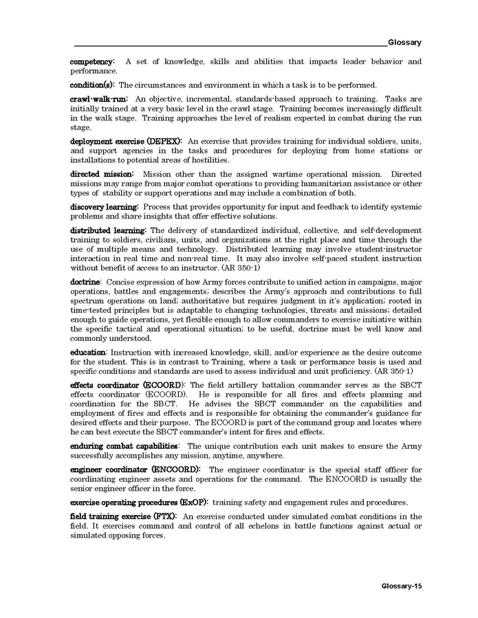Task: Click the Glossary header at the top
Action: (x=404, y=42)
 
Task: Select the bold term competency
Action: (x=92, y=62)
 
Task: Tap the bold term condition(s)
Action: (x=93, y=85)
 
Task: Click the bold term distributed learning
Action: (x=108, y=230)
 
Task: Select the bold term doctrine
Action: (x=85, y=282)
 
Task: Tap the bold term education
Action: (x=88, y=353)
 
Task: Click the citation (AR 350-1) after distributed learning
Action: (x=236, y=267)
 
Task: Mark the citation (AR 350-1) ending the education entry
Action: (x=399, y=371)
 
